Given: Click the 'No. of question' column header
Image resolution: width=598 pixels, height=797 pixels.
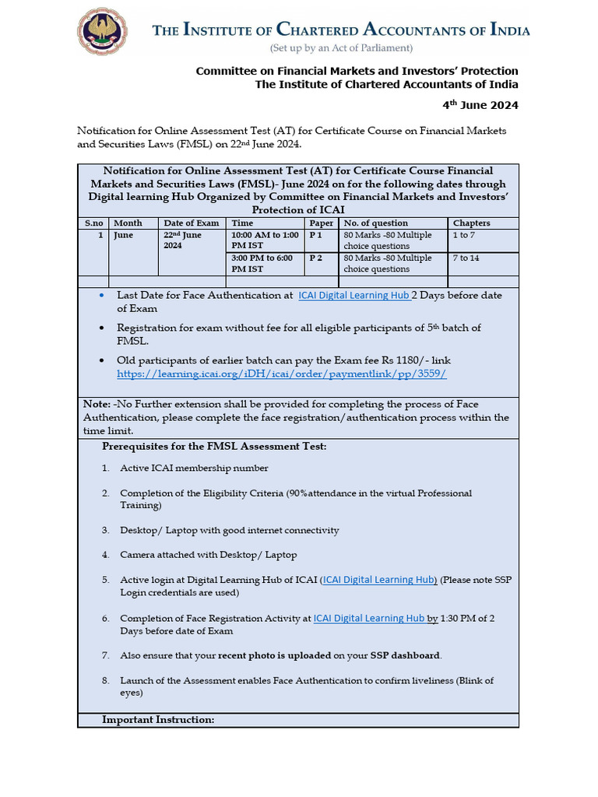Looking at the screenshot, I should point(375,223).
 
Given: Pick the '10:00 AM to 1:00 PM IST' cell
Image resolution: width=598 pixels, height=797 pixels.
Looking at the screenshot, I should point(266,240).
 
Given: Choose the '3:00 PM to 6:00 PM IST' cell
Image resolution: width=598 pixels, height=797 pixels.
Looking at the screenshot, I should point(266,263).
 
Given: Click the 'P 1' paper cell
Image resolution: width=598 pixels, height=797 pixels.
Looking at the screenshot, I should point(316,234).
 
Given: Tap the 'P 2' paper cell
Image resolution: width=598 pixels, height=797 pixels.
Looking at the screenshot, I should point(316,258).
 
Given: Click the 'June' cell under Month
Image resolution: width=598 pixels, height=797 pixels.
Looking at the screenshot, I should point(124,234).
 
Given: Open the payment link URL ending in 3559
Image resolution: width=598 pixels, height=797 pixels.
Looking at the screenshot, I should point(281,374).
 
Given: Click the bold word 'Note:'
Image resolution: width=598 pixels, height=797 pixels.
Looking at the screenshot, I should point(96,405).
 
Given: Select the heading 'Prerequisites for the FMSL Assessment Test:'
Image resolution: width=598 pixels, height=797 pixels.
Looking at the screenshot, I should point(214,446).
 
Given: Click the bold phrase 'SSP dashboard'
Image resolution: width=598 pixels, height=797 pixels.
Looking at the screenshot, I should point(409,655).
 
